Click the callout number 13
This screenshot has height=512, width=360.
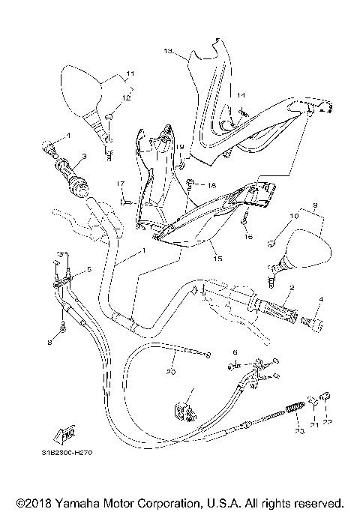[168, 51]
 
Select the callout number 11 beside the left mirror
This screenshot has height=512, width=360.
[130, 73]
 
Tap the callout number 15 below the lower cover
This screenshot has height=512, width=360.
[218, 259]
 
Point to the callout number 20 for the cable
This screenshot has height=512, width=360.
[170, 370]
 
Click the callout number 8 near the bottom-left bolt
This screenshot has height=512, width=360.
[50, 342]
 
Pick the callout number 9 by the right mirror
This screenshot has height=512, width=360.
[315, 205]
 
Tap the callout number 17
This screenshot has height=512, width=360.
[119, 184]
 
